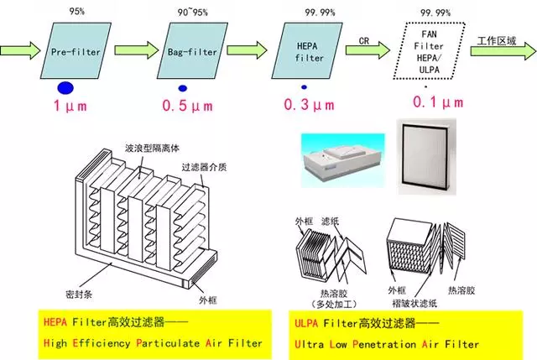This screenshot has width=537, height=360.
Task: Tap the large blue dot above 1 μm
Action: (x=66, y=87)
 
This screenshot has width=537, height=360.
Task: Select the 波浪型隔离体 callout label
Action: (x=146, y=145)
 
